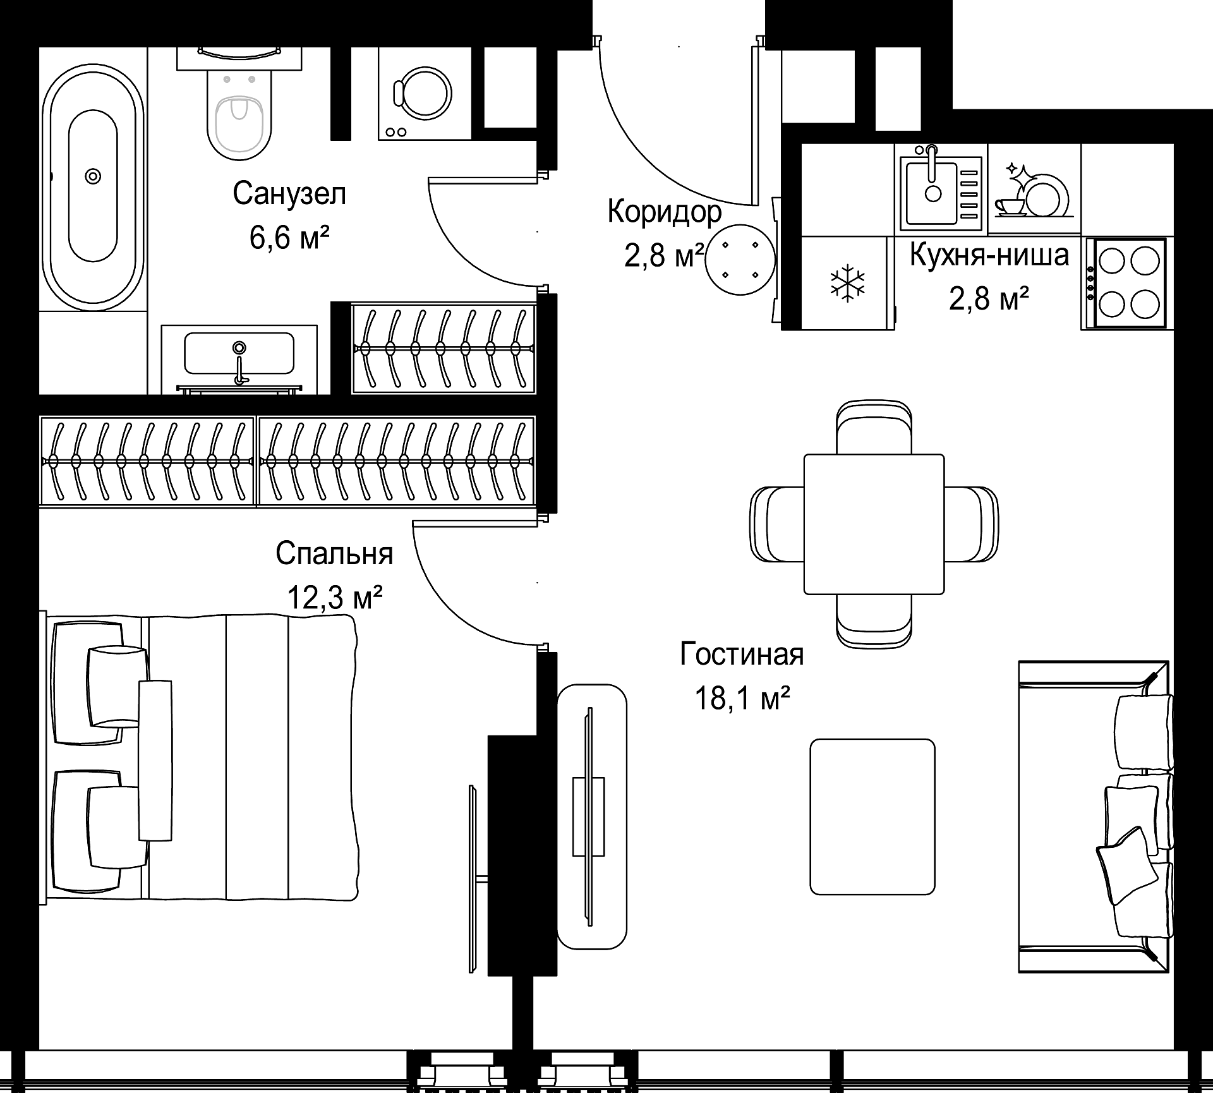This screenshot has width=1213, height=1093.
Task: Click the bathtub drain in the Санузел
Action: (94, 176)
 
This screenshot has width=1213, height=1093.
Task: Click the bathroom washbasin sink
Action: (239, 353)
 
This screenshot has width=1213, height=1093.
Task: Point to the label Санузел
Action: (289, 194)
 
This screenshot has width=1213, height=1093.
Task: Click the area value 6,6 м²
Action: (290, 238)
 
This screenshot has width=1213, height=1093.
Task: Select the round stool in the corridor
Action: (740, 260)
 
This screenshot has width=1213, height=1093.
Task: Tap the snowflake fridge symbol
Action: (848, 282)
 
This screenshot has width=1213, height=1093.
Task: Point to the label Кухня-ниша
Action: (989, 255)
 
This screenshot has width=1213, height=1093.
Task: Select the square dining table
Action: (874, 524)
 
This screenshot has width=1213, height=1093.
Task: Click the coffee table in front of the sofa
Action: (872, 817)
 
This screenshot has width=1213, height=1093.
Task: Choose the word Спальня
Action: (334, 553)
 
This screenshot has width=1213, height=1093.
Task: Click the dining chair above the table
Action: (874, 428)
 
